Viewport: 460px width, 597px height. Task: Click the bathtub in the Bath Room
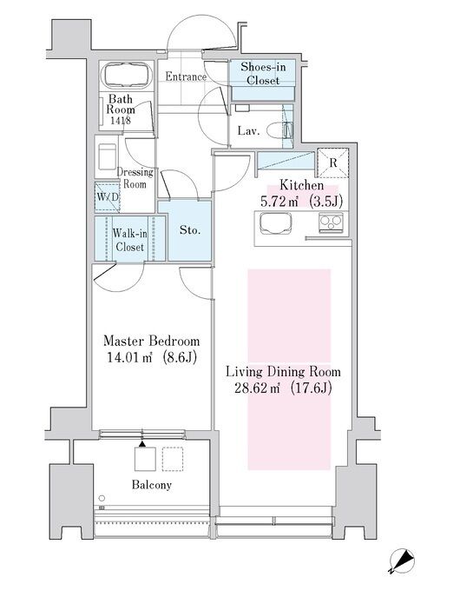pyautogui.click(x=128, y=76)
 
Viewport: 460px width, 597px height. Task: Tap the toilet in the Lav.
pyautogui.click(x=279, y=130)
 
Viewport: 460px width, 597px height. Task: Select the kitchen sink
pyautogui.click(x=274, y=222)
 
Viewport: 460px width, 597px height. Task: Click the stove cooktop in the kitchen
pyautogui.click(x=331, y=222)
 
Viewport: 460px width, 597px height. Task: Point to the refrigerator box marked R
pyautogui.click(x=333, y=163)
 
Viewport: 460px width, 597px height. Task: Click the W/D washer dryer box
pyautogui.click(x=108, y=196)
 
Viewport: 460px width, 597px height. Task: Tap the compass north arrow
pyautogui.click(x=402, y=561)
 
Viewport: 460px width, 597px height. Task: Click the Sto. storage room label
pyautogui.click(x=190, y=230)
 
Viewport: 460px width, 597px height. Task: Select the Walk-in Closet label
pyautogui.click(x=129, y=240)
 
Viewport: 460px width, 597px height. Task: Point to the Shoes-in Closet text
pyautogui.click(x=263, y=74)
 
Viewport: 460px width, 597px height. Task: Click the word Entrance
pyautogui.click(x=186, y=76)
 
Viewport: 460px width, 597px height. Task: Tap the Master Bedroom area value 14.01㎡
pyautogui.click(x=129, y=357)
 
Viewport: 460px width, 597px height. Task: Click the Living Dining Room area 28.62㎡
pyautogui.click(x=257, y=388)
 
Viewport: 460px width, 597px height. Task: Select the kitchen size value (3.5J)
pyautogui.click(x=325, y=201)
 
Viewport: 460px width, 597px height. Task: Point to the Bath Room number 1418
pyautogui.click(x=121, y=121)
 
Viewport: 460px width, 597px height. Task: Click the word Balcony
pyautogui.click(x=151, y=485)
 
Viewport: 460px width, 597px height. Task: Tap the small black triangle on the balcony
pyautogui.click(x=142, y=444)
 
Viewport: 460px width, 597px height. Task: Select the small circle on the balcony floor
pyautogui.click(x=102, y=498)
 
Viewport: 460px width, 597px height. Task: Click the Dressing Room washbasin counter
pyautogui.click(x=107, y=156)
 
